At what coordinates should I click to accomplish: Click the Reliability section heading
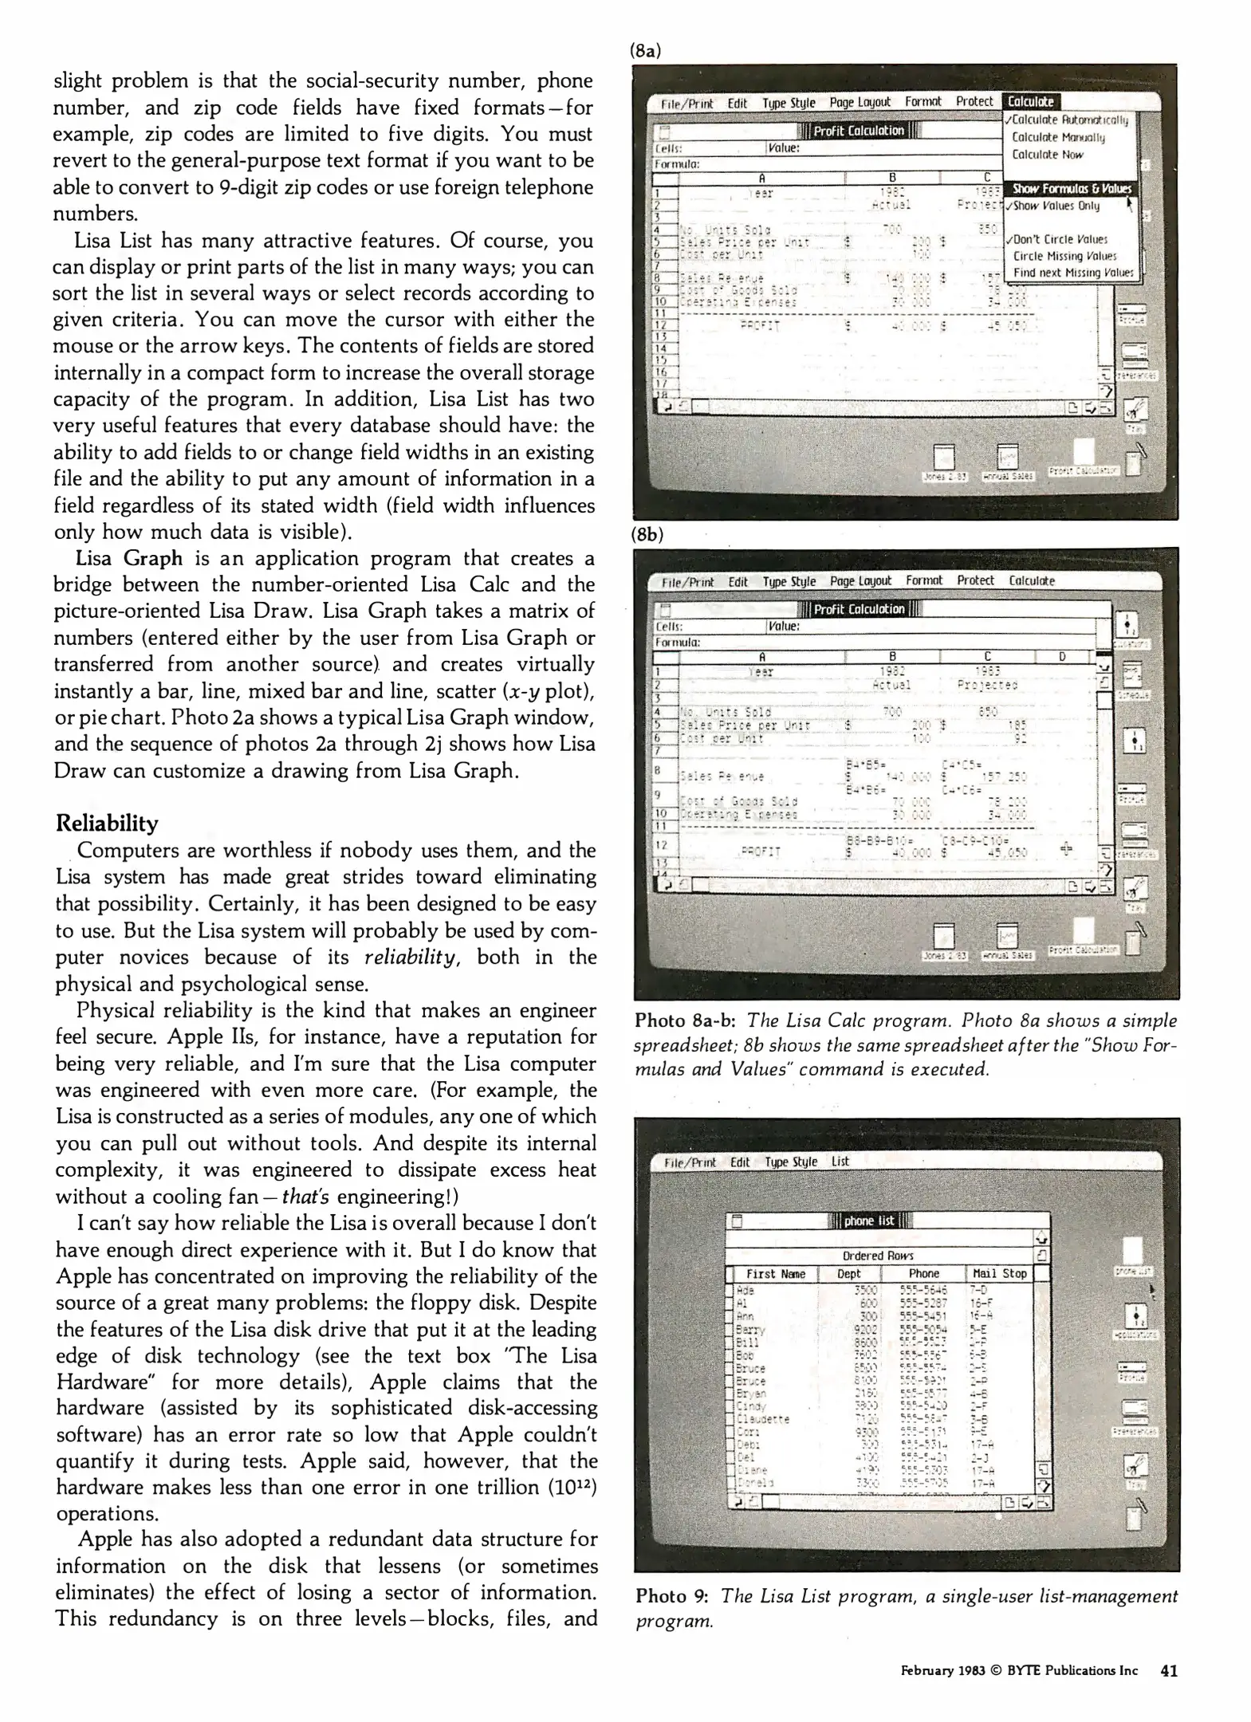pos(106,823)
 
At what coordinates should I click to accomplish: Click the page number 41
pos(1169,1670)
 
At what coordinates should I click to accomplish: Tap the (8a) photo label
pos(645,51)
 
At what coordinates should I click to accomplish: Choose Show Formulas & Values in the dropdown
pos(1072,189)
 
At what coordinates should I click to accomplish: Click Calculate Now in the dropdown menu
pos(1047,155)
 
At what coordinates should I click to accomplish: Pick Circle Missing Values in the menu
pos(1064,256)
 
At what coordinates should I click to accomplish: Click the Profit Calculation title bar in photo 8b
pos(859,609)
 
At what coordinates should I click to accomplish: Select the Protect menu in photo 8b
pos(975,580)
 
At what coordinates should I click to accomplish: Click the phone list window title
pos(869,1221)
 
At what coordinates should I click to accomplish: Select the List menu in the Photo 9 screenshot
pos(840,1162)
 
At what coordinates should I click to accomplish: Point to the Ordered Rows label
pos(877,1256)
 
